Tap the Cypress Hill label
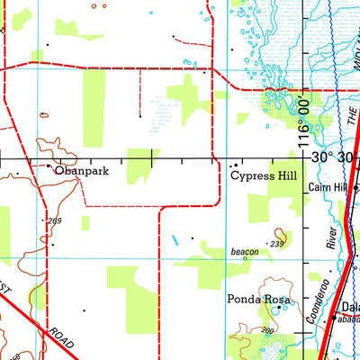coord(267,177)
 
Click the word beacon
coord(245,253)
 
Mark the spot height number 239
coord(276,244)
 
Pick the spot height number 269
coord(57,220)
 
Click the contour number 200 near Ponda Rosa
coord(267,331)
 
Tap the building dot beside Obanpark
coord(49,166)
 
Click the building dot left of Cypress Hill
coord(235,166)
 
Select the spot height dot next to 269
coord(45,219)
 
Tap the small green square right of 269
coord(85,222)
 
